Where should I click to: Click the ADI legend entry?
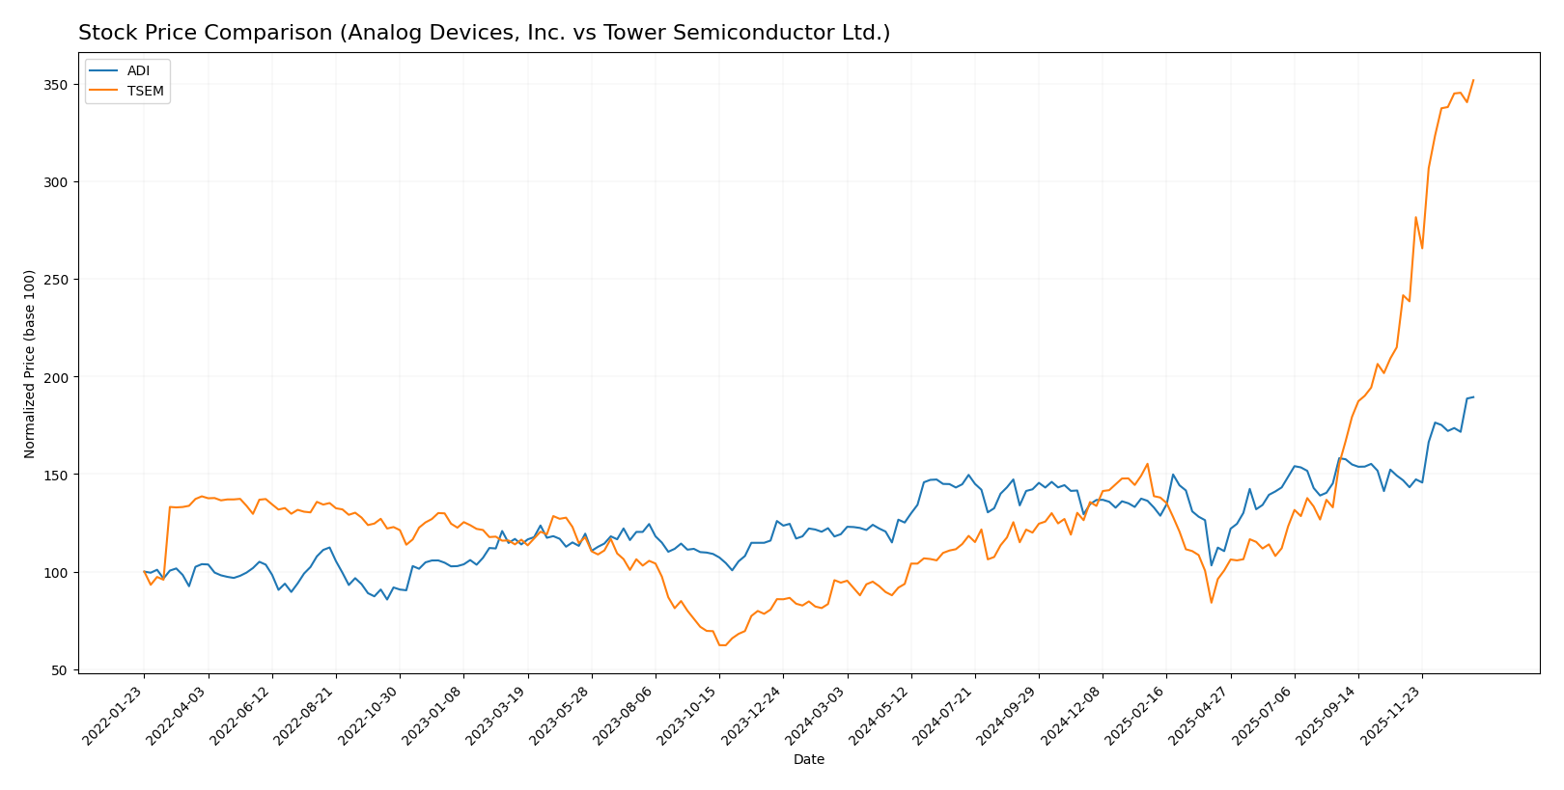138,71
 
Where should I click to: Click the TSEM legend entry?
145,92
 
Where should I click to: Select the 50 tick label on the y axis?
59,670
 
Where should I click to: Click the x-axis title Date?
808,760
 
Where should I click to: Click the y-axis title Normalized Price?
30,364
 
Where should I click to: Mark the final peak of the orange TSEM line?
1473,80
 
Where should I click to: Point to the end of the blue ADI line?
1473,396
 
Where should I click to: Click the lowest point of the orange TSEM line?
721,645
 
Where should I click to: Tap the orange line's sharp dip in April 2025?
1211,603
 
